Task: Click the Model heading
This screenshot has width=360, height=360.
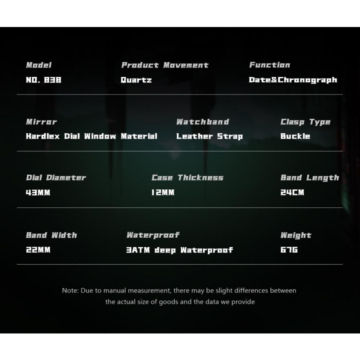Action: tap(39, 65)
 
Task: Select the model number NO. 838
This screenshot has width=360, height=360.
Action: tap(44, 80)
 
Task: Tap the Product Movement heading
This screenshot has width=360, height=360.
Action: tap(165, 65)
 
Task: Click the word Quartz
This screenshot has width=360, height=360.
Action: tap(136, 80)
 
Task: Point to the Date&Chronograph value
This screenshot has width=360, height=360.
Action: tap(293, 80)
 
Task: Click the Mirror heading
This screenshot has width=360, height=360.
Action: tap(41, 122)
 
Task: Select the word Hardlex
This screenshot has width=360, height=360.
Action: tap(43, 136)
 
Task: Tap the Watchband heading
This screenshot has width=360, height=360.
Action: tap(203, 122)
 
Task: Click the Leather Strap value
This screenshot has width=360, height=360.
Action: tap(210, 136)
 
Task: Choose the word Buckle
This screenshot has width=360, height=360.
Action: tap(295, 136)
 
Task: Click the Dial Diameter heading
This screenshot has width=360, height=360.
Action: tap(56, 177)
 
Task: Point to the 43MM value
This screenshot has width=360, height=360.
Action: tap(38, 192)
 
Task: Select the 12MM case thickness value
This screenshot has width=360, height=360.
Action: tap(163, 192)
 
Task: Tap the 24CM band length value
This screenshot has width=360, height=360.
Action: tap(292, 192)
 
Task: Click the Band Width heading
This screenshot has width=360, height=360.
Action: tap(51, 235)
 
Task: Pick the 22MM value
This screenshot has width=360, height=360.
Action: tap(38, 249)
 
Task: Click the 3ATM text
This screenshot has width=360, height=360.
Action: tap(138, 250)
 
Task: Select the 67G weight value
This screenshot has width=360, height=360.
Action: tap(289, 249)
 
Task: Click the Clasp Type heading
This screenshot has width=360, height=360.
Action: tap(305, 122)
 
